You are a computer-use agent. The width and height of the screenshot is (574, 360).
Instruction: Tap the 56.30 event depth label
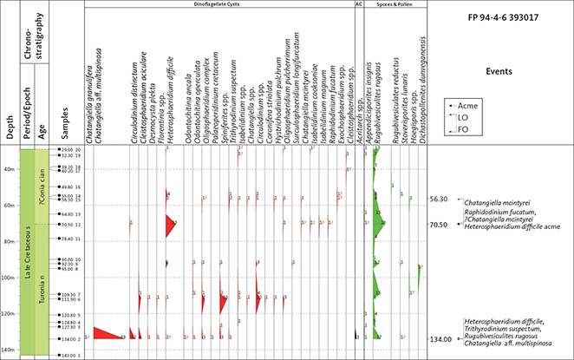coord(438,200)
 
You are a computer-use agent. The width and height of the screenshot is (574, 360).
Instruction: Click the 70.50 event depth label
coord(438,225)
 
